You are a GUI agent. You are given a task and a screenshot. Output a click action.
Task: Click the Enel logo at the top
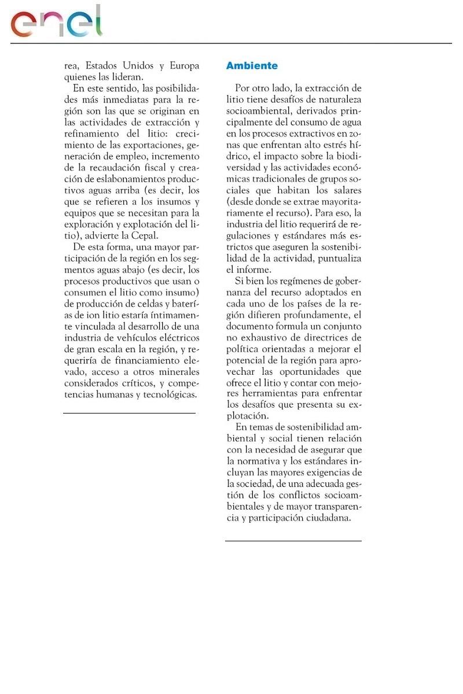pos(56,23)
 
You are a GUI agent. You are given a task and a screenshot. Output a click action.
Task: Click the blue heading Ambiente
pos(252,66)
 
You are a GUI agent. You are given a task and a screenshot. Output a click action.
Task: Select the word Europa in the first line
pos(185,66)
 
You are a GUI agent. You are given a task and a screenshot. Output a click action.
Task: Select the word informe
pos(254,270)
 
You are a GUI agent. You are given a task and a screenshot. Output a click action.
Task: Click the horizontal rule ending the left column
pos(129,414)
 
